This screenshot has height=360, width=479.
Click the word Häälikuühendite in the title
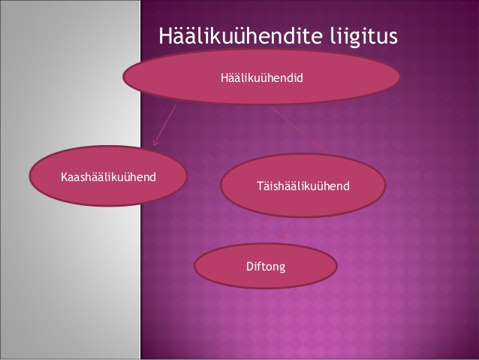240,36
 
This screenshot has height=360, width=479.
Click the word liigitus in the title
363,37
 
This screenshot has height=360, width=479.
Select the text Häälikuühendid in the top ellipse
262,77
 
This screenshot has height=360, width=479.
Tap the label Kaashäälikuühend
108,177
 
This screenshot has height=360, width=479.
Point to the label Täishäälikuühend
303,186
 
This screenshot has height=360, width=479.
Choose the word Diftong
266,266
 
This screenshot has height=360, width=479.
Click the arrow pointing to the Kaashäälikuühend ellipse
164,125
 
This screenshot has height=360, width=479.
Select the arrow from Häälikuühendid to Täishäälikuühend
297,129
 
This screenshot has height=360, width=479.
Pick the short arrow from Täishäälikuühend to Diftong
286,231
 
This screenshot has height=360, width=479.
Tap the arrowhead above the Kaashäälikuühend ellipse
155,142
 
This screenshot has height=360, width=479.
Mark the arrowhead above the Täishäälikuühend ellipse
320,147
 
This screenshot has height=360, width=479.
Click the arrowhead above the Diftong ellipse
282,236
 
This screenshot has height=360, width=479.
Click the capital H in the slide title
166,36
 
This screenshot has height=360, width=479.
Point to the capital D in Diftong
250,266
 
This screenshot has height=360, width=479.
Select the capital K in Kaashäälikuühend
64,177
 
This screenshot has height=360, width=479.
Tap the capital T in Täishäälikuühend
261,186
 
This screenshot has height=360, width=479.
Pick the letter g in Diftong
282,268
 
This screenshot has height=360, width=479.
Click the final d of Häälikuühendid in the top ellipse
300,77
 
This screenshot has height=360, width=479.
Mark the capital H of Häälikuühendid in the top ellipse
224,78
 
